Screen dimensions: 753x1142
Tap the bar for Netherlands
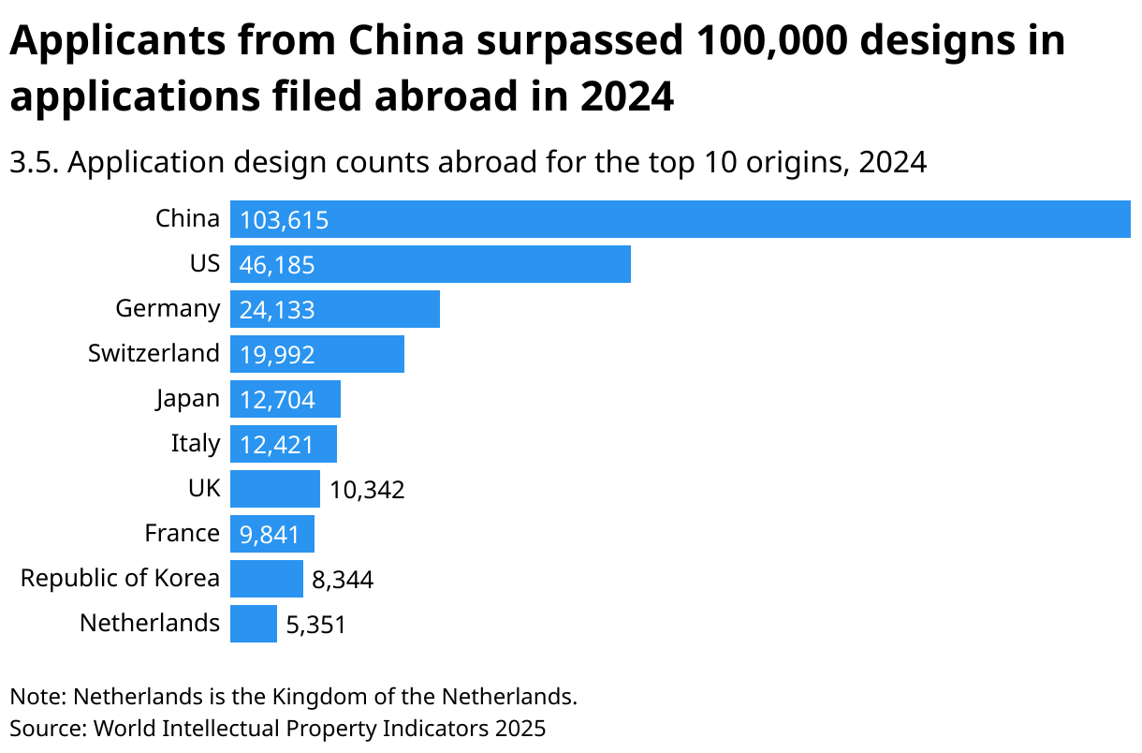254,624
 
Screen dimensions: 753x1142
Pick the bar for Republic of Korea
267,579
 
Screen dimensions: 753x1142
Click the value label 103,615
284,221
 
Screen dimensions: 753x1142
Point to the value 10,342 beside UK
367,490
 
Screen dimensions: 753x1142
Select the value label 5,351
315,625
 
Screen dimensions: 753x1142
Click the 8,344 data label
343,580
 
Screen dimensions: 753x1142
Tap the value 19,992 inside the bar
277,355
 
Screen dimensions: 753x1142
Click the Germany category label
168,308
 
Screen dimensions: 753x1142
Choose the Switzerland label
154,353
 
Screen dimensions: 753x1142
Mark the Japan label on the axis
187,398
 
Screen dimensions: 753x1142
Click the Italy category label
195,443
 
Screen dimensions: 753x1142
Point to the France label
182,533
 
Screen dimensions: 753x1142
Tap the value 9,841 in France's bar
270,535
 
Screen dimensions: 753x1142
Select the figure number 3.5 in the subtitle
35,163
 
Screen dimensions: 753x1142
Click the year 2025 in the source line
520,728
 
